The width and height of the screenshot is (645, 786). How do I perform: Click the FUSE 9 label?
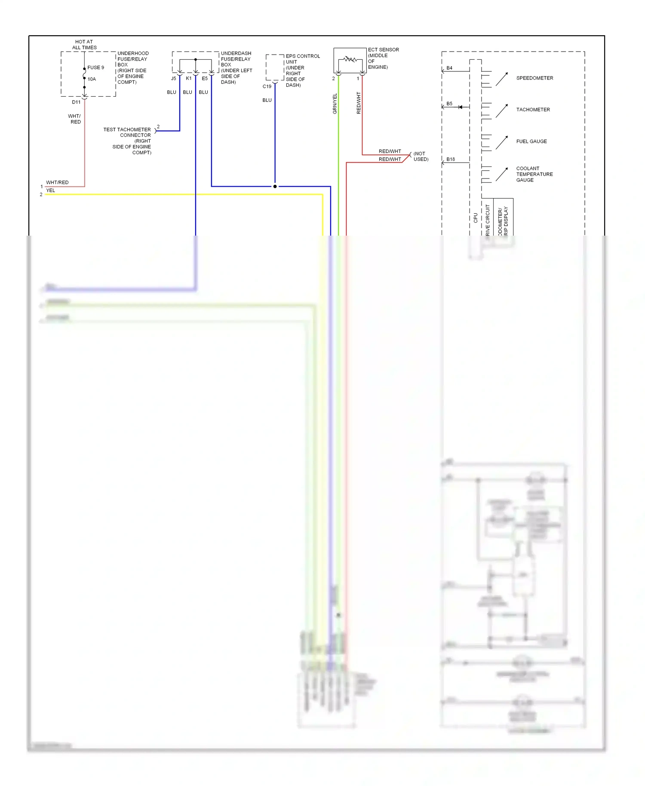coord(95,68)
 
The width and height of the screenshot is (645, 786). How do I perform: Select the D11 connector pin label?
coord(76,102)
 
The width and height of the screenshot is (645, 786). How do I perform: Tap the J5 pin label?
coord(173,79)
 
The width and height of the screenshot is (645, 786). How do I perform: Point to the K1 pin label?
coord(188,79)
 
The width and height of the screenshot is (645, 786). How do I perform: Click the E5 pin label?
coord(205,79)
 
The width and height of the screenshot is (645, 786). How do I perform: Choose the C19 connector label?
coord(267,86)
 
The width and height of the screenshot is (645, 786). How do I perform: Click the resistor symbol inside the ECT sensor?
coord(350,59)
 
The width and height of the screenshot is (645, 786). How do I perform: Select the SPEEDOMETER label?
coord(534,78)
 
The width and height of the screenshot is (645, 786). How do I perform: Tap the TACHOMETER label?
coord(533,110)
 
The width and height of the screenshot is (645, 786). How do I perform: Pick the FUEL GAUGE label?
coord(531,141)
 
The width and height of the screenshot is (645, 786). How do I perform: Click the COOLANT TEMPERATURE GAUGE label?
coord(534,174)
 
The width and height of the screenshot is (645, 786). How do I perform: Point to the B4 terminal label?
coord(449,68)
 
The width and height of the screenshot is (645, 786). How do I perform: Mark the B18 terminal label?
coord(450,160)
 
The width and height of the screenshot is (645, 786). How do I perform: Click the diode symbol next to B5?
coord(460,107)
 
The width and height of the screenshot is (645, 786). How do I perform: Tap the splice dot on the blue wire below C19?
coord(275,187)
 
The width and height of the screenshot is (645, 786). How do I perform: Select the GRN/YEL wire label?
coord(335,104)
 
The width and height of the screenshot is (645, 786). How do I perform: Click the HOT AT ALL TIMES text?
coord(84,45)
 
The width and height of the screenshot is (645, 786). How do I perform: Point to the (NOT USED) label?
coord(421,157)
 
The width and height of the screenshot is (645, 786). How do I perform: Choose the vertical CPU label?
coord(475,218)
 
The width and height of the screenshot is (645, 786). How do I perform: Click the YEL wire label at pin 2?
coord(51,190)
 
